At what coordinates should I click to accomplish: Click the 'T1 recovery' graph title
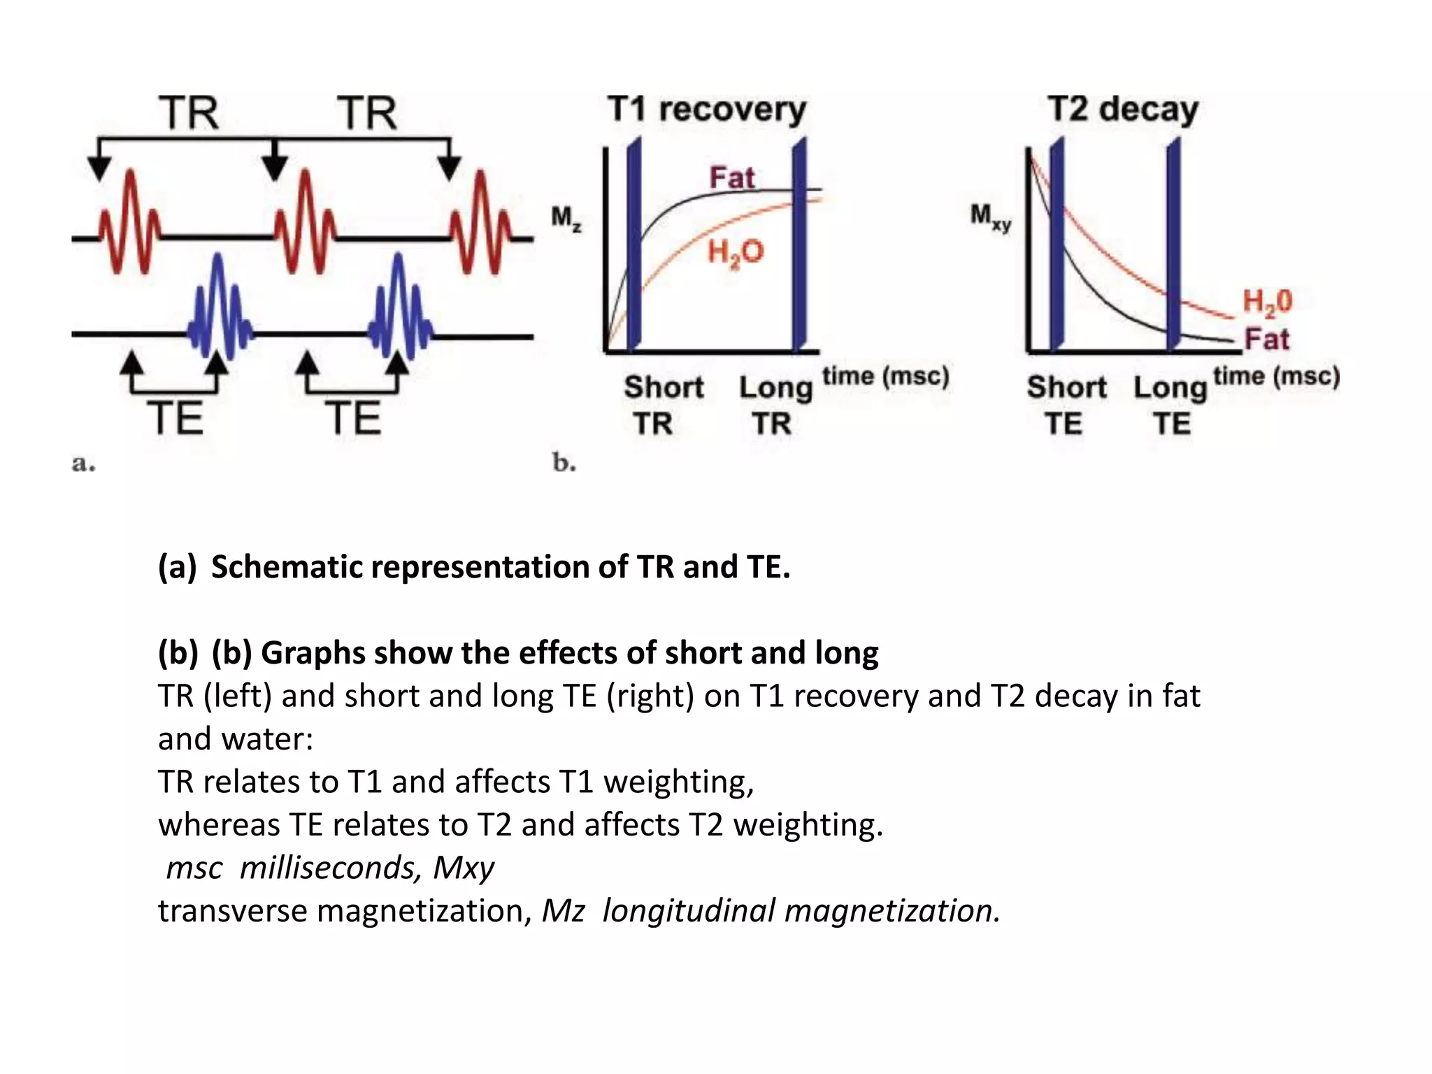707,110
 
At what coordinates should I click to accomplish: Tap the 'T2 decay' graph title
1123,110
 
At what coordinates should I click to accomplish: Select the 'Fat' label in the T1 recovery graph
732,178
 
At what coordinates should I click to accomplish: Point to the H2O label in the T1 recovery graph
736,252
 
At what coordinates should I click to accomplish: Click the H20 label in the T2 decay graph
1267,302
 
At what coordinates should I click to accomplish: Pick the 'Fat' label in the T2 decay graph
1266,339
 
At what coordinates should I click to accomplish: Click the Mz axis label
566,218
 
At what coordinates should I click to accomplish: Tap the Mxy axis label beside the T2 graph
990,217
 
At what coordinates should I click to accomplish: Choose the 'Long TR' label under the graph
775,405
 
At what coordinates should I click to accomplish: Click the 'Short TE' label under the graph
1066,405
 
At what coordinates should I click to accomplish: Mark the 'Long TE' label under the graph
1170,405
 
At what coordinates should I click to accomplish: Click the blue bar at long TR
799,245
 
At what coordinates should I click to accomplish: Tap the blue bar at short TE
1057,245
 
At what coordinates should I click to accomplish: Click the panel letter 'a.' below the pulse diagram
83,463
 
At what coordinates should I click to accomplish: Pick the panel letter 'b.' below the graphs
564,463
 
